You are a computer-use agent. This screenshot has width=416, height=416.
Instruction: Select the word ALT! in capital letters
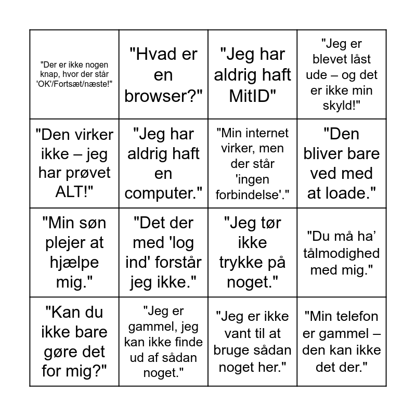pos(74,193)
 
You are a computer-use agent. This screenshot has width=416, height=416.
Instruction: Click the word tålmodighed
pos(342,254)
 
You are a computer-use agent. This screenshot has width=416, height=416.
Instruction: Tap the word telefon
pos(355,316)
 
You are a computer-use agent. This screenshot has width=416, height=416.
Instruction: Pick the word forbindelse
pos(249,194)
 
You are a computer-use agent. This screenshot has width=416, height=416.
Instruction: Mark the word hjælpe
pos(74,262)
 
